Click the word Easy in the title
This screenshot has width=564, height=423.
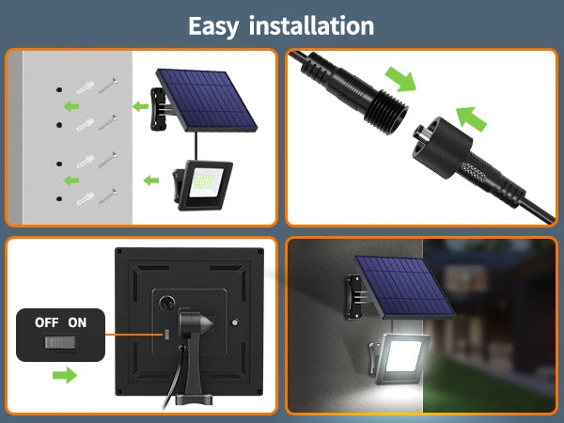click(213, 26)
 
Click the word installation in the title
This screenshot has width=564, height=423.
click(311, 25)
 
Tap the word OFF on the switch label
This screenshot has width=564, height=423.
click(46, 322)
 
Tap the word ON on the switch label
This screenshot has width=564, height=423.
click(77, 322)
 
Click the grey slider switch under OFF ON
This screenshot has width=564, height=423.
click(60, 342)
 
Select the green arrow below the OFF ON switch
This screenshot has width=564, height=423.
click(65, 375)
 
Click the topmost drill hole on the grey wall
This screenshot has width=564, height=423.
click(59, 89)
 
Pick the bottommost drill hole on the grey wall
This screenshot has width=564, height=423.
click(59, 198)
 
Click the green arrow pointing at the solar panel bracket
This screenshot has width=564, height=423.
click(140, 106)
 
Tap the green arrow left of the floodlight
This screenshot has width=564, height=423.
click(151, 180)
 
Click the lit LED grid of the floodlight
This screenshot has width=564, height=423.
click(206, 183)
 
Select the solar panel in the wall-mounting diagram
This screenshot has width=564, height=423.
click(206, 101)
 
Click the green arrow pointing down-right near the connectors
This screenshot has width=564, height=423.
click(400, 79)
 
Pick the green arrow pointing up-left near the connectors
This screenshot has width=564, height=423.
click(471, 119)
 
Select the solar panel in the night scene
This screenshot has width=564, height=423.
click(404, 288)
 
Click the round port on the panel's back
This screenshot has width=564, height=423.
click(167, 303)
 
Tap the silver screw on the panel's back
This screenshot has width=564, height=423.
click(235, 322)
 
